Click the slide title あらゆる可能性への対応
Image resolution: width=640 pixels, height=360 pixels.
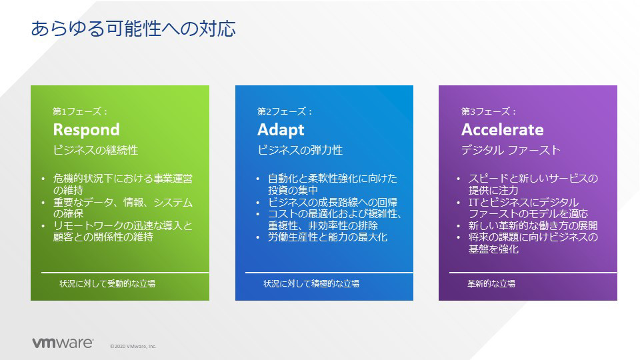[133, 29]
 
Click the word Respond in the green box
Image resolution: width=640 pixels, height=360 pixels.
[87, 130]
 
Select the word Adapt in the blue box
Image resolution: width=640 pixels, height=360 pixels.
[281, 130]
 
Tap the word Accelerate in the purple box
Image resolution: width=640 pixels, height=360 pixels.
[503, 130]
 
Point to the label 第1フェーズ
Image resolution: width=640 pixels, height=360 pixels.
[77, 111]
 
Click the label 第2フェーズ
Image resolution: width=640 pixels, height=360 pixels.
[281, 111]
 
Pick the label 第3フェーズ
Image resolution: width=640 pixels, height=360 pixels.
[486, 111]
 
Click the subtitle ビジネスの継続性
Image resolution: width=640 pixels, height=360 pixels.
[95, 150]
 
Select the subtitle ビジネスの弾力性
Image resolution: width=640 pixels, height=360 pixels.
[300, 150]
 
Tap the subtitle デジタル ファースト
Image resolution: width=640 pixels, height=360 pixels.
[511, 150]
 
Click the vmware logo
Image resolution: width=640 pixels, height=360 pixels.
[63, 343]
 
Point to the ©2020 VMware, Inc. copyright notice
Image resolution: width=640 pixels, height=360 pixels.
[133, 346]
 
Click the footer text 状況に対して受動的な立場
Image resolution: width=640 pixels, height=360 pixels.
[107, 283]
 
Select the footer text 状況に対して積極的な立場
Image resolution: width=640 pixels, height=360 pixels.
[311, 283]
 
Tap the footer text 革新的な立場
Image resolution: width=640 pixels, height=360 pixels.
[491, 283]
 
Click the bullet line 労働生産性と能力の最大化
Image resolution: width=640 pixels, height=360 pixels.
[328, 237]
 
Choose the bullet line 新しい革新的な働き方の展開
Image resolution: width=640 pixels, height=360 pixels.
[533, 225]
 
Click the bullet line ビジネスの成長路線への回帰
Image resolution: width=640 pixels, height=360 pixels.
[333, 202]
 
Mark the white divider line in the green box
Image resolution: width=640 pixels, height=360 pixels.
[125, 272]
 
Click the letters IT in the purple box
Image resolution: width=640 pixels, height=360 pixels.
[473, 203]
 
